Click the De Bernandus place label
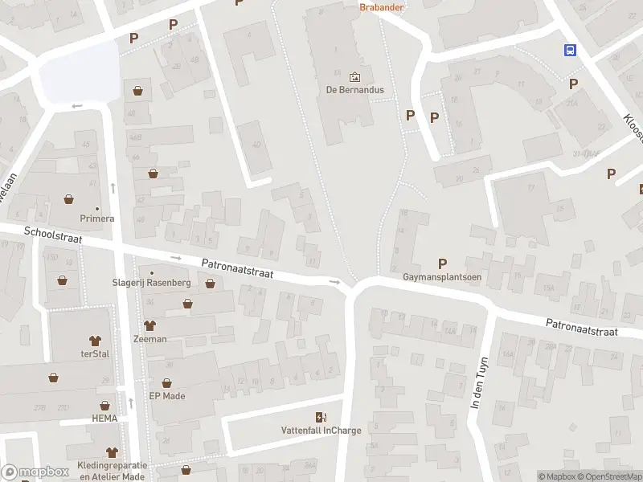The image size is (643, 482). click(x=354, y=90)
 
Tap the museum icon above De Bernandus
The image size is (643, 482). click(x=354, y=77)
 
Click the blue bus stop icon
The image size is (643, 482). click(x=570, y=51)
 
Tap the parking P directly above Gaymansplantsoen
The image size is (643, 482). click(x=442, y=263)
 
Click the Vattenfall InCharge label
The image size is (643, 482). click(x=321, y=430)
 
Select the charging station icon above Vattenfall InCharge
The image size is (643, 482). click(x=321, y=416)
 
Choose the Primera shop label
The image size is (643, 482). click(x=96, y=218)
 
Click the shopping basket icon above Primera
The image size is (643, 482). click(x=69, y=198)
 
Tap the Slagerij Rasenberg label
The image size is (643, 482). click(x=151, y=283)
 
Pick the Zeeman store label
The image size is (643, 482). click(x=150, y=338)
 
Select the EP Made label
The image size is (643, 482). click(x=167, y=395)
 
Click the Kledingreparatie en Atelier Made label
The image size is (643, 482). click(x=113, y=471)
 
